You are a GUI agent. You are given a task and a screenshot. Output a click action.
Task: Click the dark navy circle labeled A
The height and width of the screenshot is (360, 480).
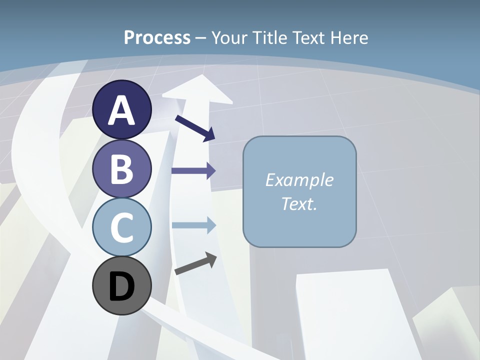click(122, 109)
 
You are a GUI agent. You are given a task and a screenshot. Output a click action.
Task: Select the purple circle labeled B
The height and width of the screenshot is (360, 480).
click(122, 168)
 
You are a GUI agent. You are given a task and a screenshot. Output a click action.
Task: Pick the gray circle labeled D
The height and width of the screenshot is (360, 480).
click(122, 285)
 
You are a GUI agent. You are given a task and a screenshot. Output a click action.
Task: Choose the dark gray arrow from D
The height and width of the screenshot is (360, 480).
click(195, 263)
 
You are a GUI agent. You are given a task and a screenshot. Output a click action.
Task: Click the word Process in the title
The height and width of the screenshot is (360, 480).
click(157, 37)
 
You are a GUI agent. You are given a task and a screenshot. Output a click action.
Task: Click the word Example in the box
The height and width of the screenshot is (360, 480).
click(299, 180)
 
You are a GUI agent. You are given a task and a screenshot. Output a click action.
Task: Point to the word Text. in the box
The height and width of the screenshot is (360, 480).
click(299, 203)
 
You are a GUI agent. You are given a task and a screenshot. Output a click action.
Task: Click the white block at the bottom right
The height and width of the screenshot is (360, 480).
click(350, 315)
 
